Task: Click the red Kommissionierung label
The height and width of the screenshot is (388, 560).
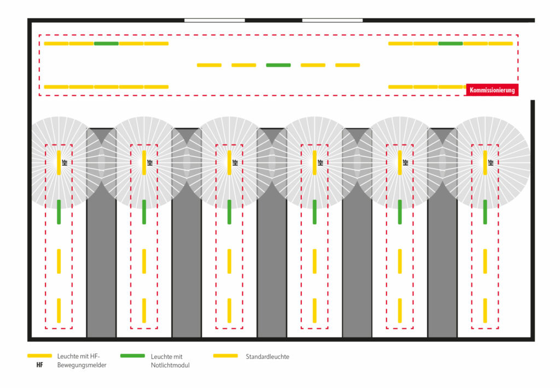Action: pyautogui.click(x=492, y=90)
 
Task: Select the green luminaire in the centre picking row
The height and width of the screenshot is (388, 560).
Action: pyautogui.click(x=278, y=65)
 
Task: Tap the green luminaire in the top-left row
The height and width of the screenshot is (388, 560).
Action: pyautogui.click(x=106, y=43)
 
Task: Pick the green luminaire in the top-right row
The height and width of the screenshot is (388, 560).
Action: pyautogui.click(x=451, y=43)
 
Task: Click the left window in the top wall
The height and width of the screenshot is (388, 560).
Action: pyautogui.click(x=214, y=20)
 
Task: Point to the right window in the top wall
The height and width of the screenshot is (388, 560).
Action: pyautogui.click(x=332, y=20)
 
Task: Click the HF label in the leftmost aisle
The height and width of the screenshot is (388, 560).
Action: pyautogui.click(x=65, y=163)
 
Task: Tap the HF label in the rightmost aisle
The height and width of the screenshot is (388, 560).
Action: pyautogui.click(x=491, y=163)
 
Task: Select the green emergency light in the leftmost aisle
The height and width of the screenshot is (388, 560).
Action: pyautogui.click(x=59, y=212)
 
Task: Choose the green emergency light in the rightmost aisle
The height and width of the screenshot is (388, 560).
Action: pyautogui.click(x=485, y=212)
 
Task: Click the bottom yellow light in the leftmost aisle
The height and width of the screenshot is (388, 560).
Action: pyautogui.click(x=59, y=310)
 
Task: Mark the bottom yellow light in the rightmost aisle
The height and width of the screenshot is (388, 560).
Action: pyautogui.click(x=485, y=310)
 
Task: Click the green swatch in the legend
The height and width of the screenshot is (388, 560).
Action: pyautogui.click(x=132, y=356)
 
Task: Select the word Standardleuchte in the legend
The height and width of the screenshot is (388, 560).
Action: pyautogui.click(x=267, y=357)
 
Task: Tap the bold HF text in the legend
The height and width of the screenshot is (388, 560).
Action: pyautogui.click(x=39, y=366)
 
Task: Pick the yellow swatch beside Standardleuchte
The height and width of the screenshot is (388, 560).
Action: pyautogui.click(x=225, y=356)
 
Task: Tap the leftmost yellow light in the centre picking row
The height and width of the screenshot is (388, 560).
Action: pyautogui.click(x=209, y=65)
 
